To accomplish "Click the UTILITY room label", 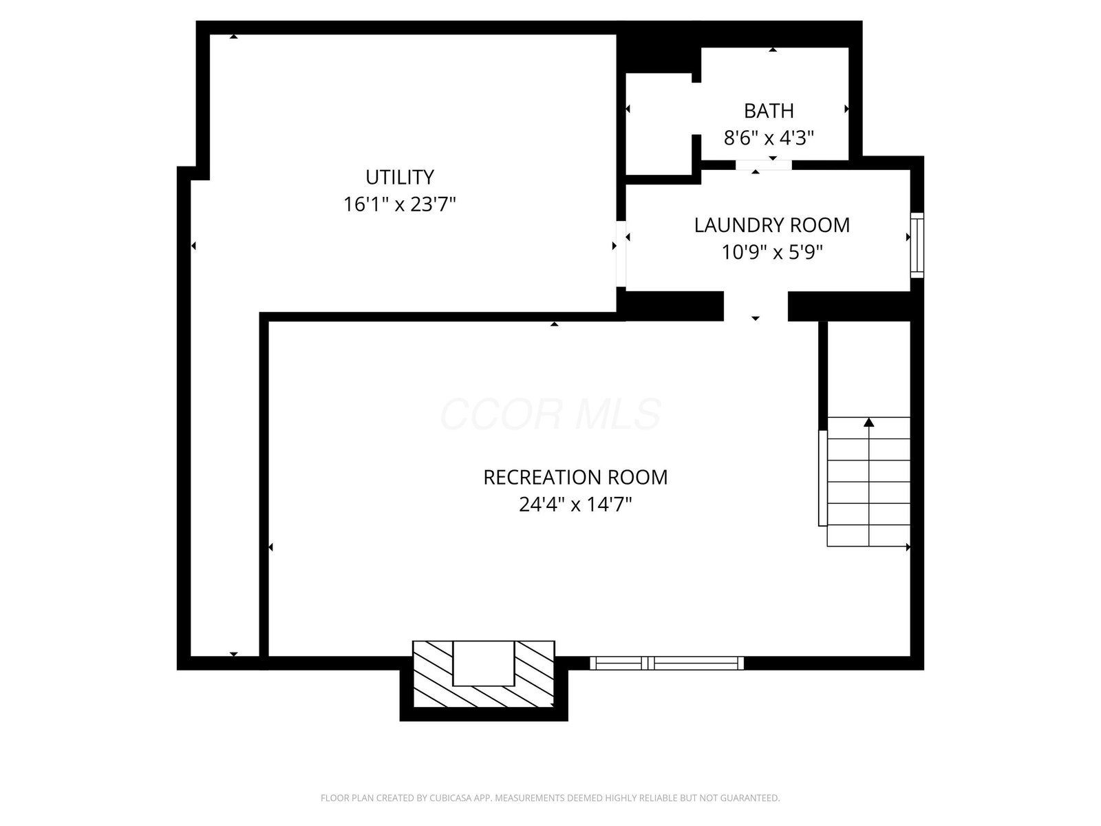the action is [399, 177].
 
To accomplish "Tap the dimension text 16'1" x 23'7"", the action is [399, 204].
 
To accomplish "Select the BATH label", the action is [769, 111].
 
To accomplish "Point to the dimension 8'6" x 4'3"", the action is [769, 138].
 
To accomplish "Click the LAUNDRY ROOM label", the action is [772, 225].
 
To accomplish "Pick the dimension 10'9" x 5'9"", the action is [772, 252].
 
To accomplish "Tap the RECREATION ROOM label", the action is [575, 478].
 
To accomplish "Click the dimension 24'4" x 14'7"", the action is [575, 505].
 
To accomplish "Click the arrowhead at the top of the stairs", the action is [869, 422].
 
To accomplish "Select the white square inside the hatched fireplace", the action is [484, 663].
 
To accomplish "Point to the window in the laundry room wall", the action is [917, 245].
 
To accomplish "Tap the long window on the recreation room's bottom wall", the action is [667, 663].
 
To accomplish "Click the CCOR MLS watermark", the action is [550, 414].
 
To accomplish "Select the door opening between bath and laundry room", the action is [763, 165].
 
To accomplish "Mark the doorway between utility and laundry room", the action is [621, 254].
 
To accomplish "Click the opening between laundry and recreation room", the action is [756, 306].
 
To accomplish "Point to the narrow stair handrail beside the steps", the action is [822, 478].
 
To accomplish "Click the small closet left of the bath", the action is [659, 124].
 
